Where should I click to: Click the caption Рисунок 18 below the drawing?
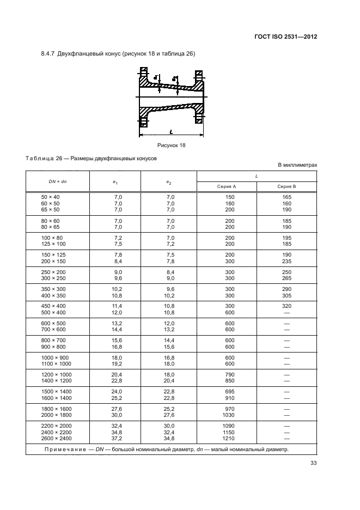click(172, 145)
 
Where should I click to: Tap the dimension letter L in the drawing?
click(170, 132)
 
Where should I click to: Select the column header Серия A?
click(226, 186)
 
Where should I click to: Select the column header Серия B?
click(287, 186)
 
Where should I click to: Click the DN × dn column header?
click(57, 181)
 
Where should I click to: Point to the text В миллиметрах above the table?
click(297, 164)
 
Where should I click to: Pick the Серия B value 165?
click(287, 197)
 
